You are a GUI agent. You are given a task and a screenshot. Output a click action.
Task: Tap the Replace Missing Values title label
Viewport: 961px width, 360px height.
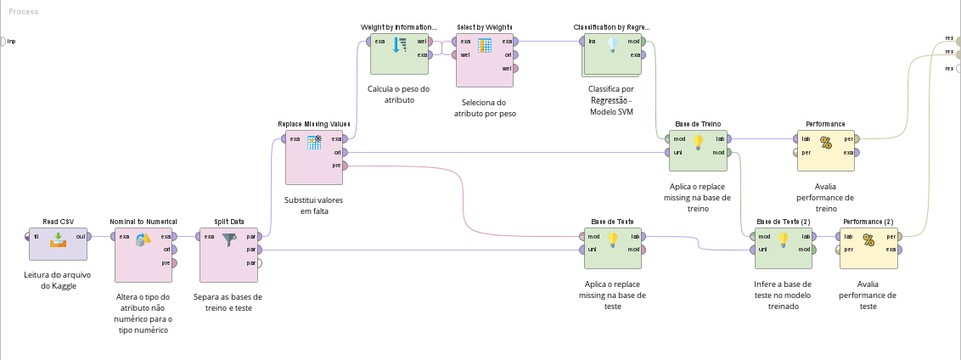coord(314,124)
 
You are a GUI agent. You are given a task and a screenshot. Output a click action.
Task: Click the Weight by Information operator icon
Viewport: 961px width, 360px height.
coord(400,45)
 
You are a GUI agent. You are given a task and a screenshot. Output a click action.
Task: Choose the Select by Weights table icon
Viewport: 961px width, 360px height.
coord(484,45)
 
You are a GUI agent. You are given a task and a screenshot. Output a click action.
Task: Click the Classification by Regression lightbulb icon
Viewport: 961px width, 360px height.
coord(612,45)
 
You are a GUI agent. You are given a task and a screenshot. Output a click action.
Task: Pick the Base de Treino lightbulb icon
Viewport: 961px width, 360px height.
coord(698,142)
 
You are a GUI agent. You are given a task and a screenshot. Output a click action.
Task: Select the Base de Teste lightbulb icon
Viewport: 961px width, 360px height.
coord(613,239)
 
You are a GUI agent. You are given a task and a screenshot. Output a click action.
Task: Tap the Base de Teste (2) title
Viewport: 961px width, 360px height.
coord(784,222)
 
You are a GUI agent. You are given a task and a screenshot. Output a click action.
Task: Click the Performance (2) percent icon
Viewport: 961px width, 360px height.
coord(868,239)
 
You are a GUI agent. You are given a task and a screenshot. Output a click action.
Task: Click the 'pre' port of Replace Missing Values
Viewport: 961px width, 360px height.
coord(346,166)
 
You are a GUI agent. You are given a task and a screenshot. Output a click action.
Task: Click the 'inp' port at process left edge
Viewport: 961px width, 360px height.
coord(3,41)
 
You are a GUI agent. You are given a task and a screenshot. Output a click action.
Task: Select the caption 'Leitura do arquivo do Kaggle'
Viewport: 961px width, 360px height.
coord(58,280)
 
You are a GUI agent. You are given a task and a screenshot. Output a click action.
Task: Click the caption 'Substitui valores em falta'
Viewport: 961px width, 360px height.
coord(314,205)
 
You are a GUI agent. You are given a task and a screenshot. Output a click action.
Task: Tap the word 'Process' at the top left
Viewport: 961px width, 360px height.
coord(23,12)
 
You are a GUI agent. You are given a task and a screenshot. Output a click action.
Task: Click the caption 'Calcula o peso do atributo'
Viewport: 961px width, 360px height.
coord(399,93)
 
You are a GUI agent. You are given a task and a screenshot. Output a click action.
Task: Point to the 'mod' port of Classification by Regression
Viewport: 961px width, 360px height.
coord(643,41)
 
